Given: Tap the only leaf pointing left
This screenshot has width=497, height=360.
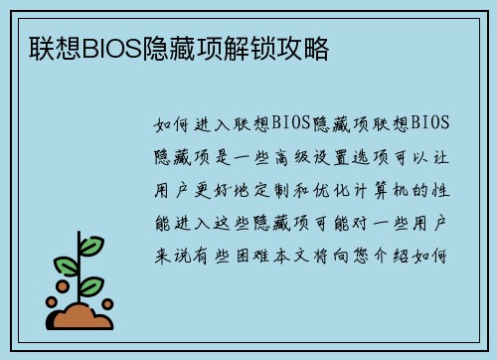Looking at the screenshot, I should pyautogui.click(x=66, y=266).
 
